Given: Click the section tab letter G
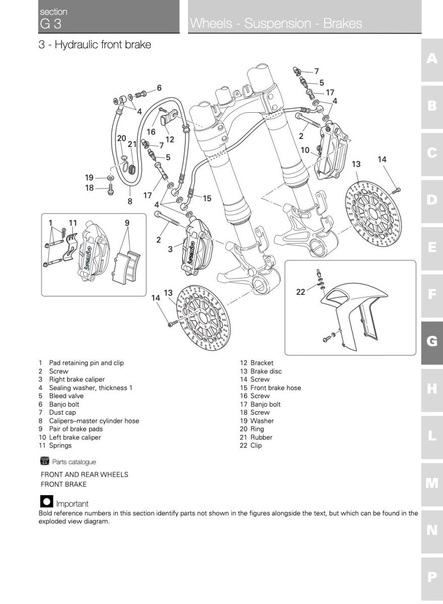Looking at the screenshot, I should tap(432, 341).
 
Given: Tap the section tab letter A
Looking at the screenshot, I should tap(432, 59).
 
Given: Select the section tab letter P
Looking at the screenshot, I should tap(432, 577).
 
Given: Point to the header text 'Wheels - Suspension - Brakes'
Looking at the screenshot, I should tap(276, 24).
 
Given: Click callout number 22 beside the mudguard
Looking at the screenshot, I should tap(300, 292).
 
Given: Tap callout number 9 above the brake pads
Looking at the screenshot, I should tap(127, 222).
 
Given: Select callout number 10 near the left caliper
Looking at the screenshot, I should tap(305, 150).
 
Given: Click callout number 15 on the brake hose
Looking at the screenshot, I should tap(207, 198).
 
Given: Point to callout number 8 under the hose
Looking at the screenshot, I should tap(130, 202).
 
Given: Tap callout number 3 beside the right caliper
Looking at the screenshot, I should tap(170, 249).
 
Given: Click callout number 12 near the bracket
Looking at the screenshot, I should tap(169, 139).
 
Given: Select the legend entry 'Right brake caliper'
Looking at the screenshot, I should tap(77, 380).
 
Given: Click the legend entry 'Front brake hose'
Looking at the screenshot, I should tap(275, 388).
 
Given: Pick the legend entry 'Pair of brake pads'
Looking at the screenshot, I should tap(76, 429).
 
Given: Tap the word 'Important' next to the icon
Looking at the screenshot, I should tap(72, 503).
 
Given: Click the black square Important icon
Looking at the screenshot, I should tap(46, 502).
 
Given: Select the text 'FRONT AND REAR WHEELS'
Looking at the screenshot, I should tap(84, 474).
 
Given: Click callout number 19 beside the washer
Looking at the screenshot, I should tap(89, 177).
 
